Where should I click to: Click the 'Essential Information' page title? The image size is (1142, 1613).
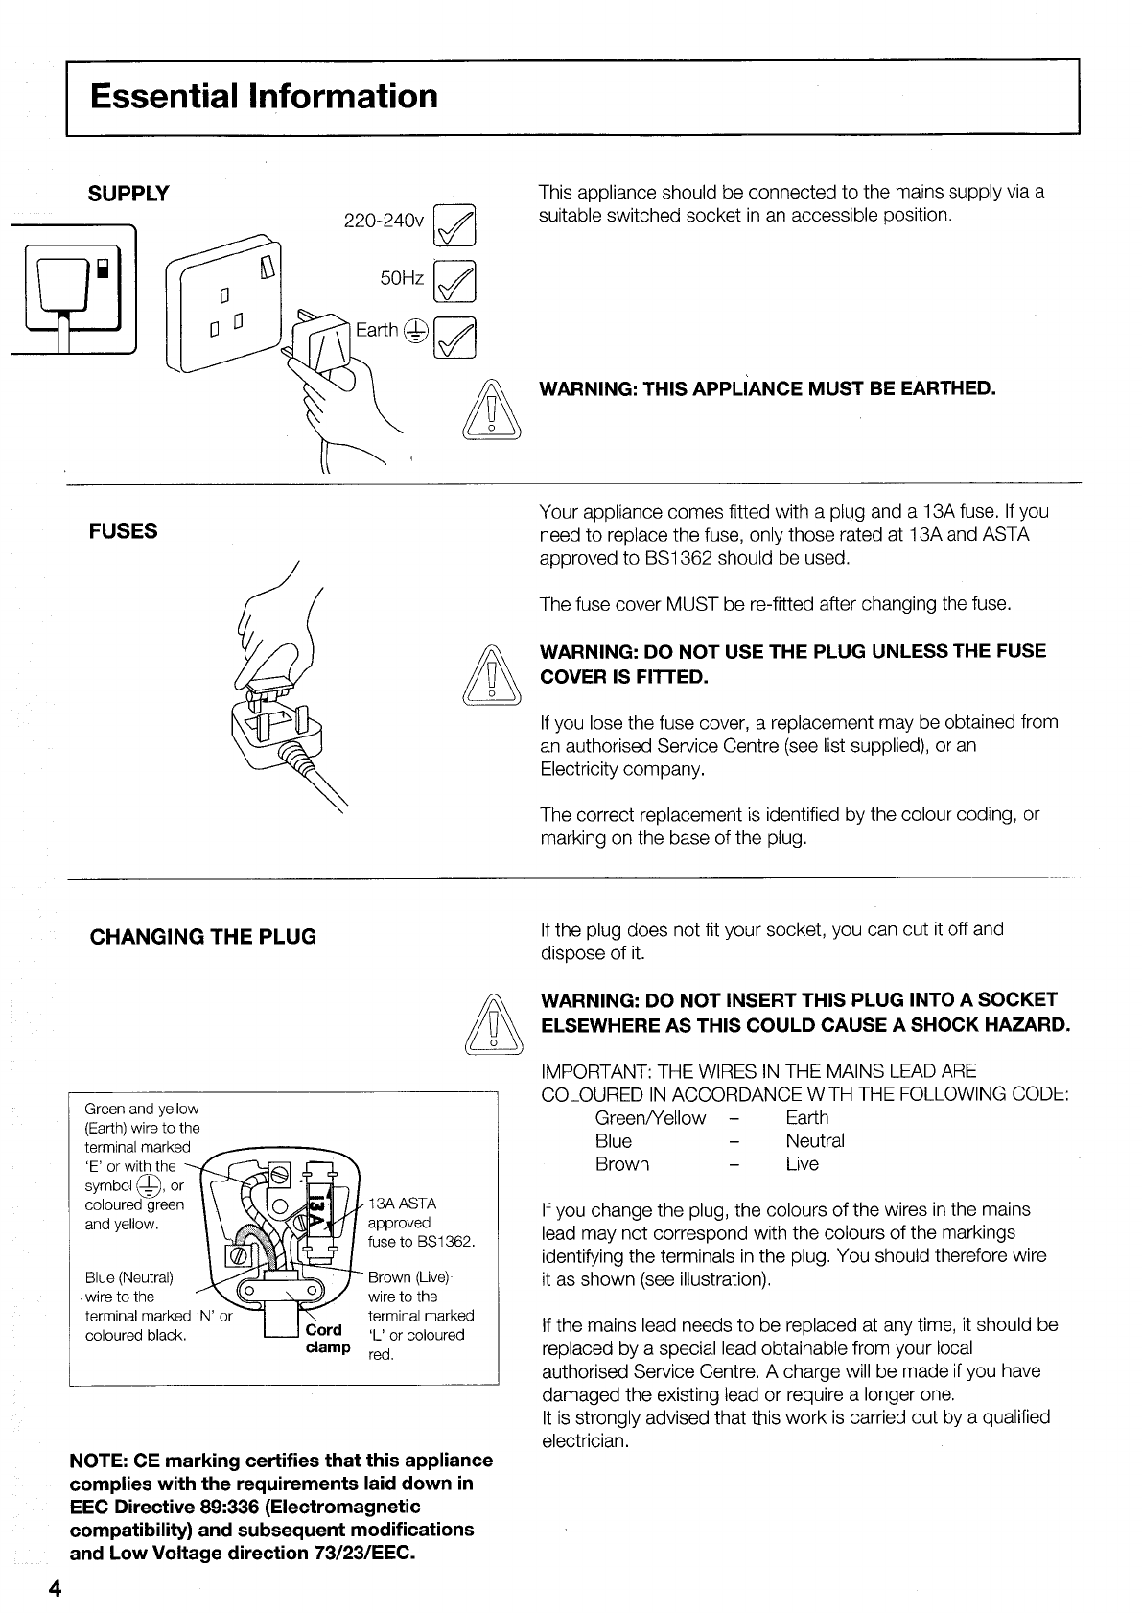tap(264, 97)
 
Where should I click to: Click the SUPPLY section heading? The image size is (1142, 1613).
tap(128, 194)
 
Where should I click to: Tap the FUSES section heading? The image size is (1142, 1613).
tap(123, 531)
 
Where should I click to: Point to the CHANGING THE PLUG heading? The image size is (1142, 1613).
tap(202, 937)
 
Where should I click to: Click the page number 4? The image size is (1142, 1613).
tap(55, 1589)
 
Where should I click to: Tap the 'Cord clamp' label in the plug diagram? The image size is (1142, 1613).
tap(327, 1339)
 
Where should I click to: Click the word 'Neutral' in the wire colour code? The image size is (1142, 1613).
tap(815, 1141)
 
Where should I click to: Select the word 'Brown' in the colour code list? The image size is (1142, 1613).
tap(622, 1164)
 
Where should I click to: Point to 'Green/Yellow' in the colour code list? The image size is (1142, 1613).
tap(650, 1118)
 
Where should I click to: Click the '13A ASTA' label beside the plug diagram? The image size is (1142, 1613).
tap(402, 1204)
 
